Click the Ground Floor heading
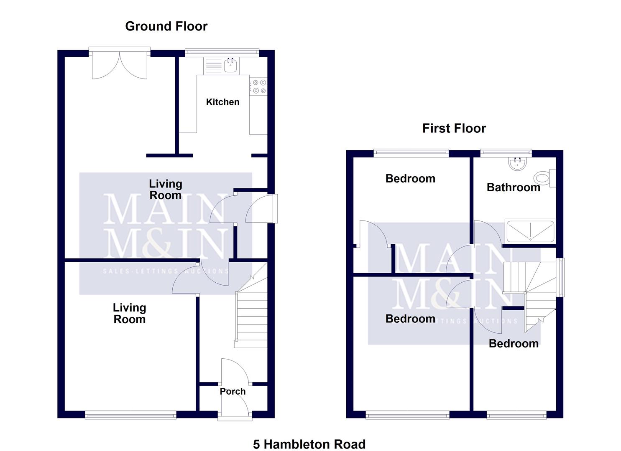point(166,26)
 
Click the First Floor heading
point(454,128)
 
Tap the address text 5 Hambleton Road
point(309,444)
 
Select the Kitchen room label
point(222,102)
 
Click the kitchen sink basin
point(231,66)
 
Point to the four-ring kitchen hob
point(259,86)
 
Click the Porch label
point(233,391)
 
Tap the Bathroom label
point(513,187)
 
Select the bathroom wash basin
point(519,163)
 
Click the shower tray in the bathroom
point(530,231)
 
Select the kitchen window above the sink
point(222,52)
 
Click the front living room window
point(130,415)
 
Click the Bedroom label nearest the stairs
point(513,343)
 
